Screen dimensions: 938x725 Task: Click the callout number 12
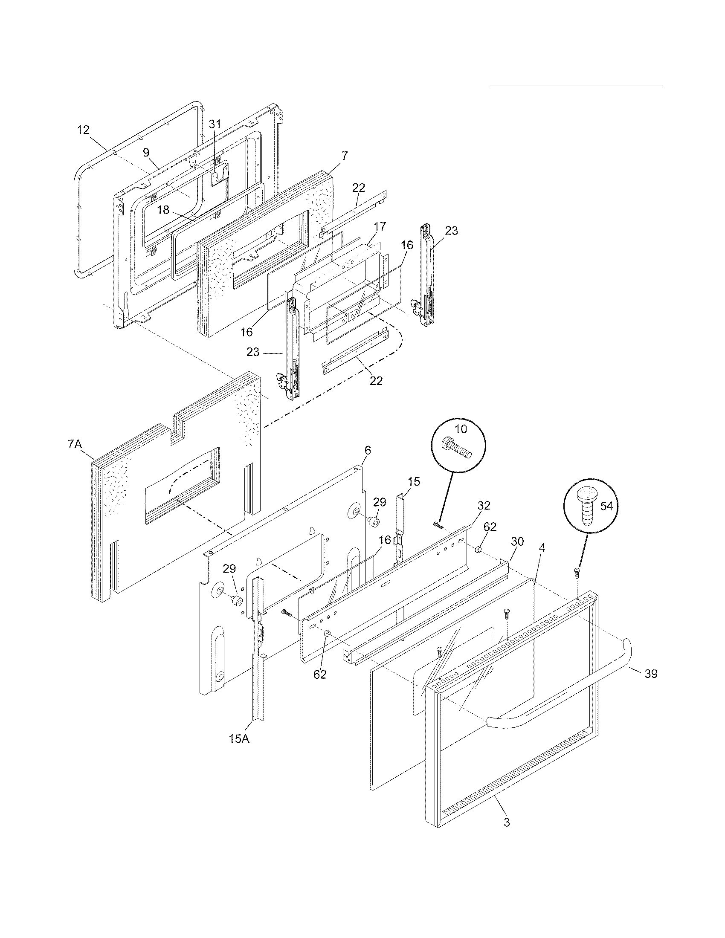point(83,130)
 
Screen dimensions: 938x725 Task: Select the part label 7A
point(75,445)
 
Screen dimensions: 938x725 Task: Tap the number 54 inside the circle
point(606,506)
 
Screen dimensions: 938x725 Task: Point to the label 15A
point(239,740)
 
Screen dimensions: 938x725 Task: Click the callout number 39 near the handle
point(651,674)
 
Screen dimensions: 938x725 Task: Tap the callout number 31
point(215,124)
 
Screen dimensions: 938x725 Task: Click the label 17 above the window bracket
point(380,226)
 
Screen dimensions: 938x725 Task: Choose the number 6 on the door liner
point(368,450)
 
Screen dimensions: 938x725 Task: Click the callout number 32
point(484,506)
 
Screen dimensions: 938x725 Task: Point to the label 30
point(517,541)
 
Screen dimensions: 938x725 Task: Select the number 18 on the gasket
point(163,210)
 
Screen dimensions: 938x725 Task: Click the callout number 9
point(146,152)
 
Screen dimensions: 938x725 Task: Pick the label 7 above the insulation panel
point(345,156)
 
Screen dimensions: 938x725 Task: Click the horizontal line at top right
point(576,86)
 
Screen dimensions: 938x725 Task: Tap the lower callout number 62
point(320,675)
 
